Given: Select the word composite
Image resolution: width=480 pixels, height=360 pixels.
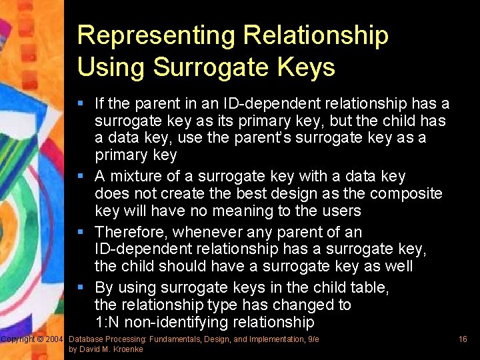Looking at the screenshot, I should (407, 193).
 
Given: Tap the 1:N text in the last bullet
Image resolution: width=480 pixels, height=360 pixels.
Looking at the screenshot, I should (109, 322).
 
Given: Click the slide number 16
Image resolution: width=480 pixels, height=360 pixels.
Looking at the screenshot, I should (463, 339).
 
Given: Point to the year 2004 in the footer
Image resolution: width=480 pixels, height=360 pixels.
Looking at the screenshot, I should (54, 339).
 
